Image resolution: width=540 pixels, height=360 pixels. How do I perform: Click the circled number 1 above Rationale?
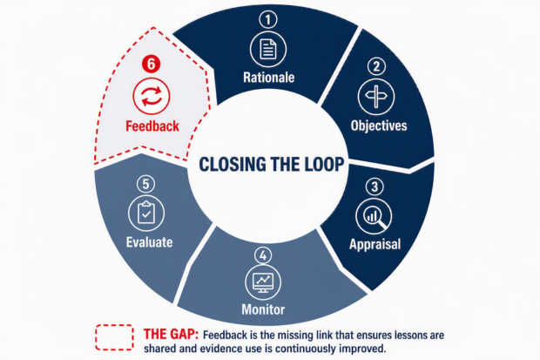coord(268,19)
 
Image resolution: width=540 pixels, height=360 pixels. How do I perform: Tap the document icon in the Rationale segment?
coord(268,49)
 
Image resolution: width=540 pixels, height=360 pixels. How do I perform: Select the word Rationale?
coord(268,78)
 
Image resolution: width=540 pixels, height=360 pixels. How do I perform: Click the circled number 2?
coord(376,66)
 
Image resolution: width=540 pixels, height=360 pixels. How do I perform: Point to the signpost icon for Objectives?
coord(376,97)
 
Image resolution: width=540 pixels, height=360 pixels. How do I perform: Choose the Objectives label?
coord(379,126)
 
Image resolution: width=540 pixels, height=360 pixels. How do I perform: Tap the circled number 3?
coord(375,187)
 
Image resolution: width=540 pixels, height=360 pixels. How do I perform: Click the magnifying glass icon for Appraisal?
coord(374,216)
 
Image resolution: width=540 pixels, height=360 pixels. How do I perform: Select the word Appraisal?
coord(375,244)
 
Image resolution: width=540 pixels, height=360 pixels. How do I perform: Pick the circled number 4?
coord(263,256)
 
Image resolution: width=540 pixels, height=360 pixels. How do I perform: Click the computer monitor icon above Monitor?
coord(263,282)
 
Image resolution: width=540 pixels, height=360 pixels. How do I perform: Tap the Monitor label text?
coord(263,309)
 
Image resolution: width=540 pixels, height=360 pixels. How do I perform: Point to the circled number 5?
coord(145,184)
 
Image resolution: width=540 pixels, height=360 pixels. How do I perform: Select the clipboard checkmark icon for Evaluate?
coord(146,213)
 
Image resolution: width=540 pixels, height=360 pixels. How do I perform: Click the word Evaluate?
coord(149,242)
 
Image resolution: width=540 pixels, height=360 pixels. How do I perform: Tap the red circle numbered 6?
coord(152,65)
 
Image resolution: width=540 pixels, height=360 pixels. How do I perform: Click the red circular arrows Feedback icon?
coord(152,96)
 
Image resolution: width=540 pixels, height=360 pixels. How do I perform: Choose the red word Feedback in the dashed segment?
coord(152,126)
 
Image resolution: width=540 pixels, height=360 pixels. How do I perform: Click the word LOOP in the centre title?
coord(320,164)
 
